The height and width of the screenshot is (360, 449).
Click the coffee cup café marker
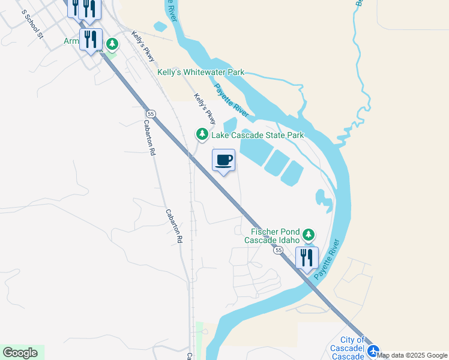pyautogui.click(x=223, y=161)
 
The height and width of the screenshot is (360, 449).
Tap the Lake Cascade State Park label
pyautogui.click(x=258, y=135)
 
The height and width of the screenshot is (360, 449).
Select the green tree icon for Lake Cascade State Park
pyautogui.click(x=202, y=134)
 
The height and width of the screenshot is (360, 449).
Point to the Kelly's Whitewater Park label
pyautogui.click(x=200, y=72)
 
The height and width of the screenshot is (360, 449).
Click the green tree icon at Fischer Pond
pyautogui.click(x=309, y=235)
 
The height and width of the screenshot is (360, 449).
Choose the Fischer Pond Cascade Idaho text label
pyautogui.click(x=271, y=235)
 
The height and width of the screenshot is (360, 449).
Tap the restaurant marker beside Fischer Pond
pyautogui.click(x=307, y=258)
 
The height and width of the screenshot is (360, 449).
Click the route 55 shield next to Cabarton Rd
pyautogui.click(x=151, y=113)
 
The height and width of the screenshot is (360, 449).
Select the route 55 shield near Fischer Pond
pyautogui.click(x=279, y=250)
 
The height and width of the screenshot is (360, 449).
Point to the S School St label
pyautogui.click(x=33, y=25)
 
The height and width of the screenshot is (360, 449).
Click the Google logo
pyautogui.click(x=20, y=353)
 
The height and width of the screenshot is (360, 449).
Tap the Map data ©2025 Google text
pyautogui.click(x=412, y=356)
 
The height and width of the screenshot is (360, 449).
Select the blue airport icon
pyautogui.click(x=374, y=351)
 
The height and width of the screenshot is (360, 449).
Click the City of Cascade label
pyautogui.click(x=348, y=349)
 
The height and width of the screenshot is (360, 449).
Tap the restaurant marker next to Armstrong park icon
pyautogui.click(x=91, y=40)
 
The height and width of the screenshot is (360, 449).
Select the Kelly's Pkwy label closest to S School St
pyautogui.click(x=143, y=46)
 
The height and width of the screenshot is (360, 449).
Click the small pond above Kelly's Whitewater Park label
pyautogui.click(x=160, y=26)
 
